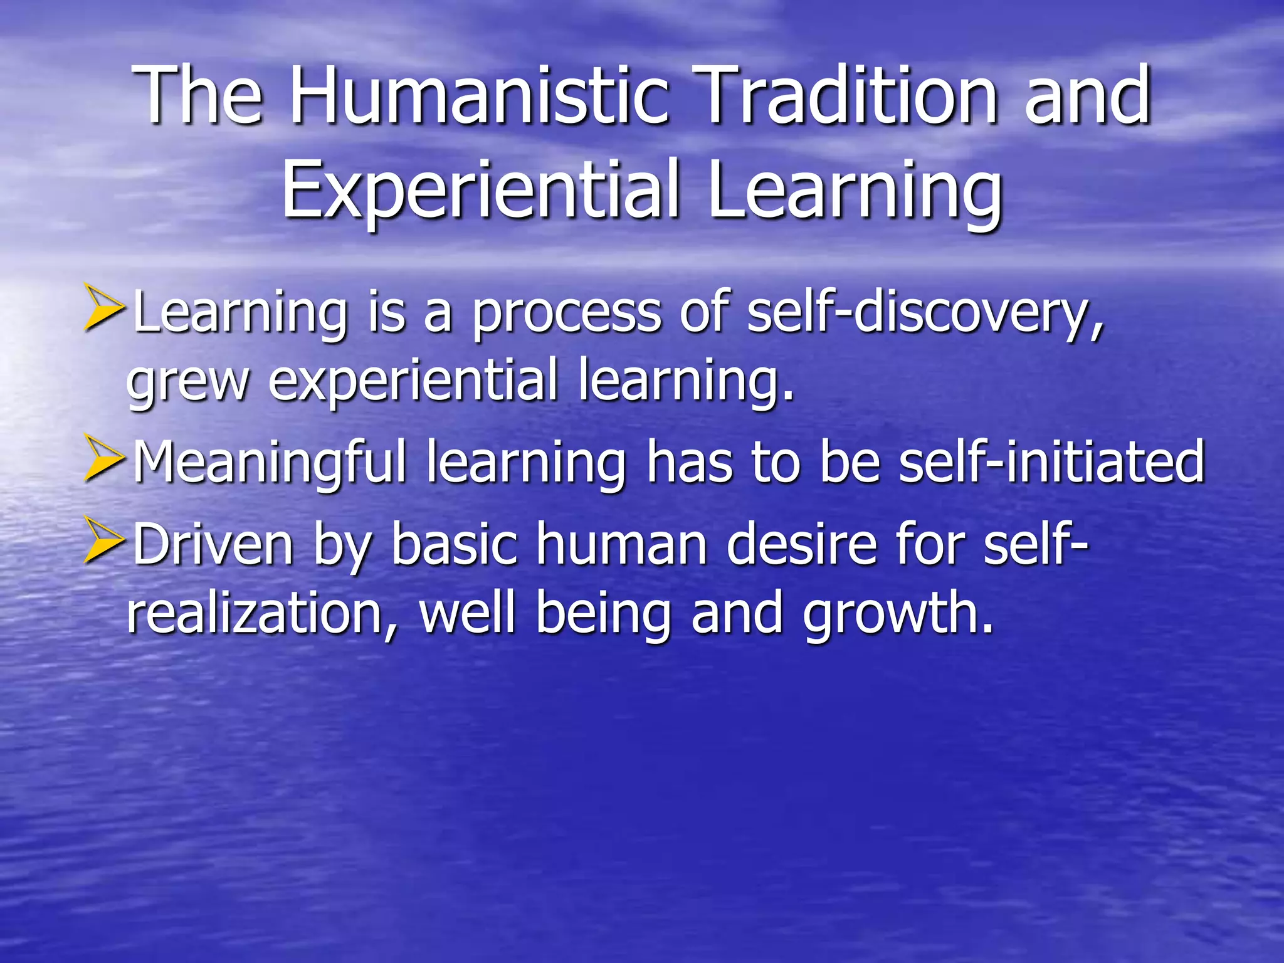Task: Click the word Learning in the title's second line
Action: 855,191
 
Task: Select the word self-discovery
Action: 924,313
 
